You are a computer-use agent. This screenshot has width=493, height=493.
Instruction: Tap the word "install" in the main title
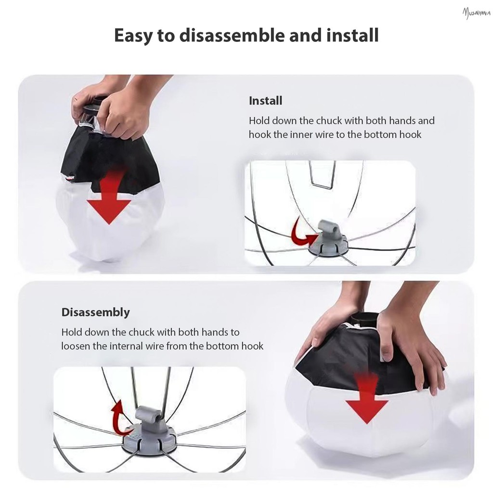pyautogui.click(x=352, y=35)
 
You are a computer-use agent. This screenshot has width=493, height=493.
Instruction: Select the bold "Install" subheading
pyautogui.click(x=265, y=101)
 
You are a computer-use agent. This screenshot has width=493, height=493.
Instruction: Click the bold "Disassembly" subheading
pyautogui.click(x=96, y=312)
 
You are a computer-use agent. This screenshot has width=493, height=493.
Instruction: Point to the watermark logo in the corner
pyautogui.click(x=476, y=13)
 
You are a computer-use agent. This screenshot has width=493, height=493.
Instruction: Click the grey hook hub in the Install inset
pyautogui.click(x=328, y=239)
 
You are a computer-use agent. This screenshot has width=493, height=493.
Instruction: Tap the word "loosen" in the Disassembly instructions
pyautogui.click(x=76, y=346)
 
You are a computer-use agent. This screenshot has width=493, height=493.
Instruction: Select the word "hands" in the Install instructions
pyautogui.click(x=403, y=120)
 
